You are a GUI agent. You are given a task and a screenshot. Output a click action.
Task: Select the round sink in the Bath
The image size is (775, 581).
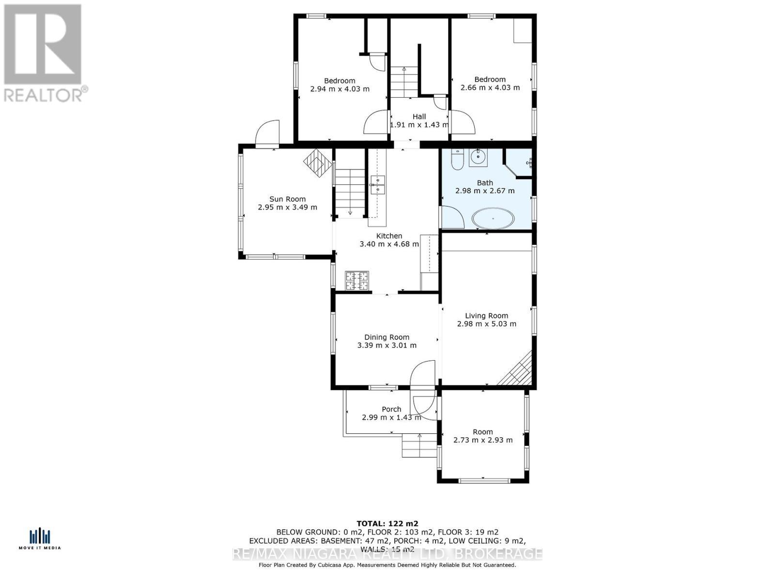(x=478, y=157)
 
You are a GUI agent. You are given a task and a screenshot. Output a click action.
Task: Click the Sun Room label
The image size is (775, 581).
(x=287, y=199)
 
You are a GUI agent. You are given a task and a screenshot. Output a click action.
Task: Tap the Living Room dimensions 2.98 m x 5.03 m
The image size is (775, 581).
(x=486, y=324)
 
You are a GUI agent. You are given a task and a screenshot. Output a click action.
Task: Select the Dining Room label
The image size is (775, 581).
(x=387, y=337)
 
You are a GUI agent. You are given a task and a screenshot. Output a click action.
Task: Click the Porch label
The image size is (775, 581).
(x=391, y=409)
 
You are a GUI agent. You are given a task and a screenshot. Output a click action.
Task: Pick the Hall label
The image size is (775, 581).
(x=419, y=117)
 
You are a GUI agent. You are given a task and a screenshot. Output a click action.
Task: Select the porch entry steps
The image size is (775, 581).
(x=419, y=446)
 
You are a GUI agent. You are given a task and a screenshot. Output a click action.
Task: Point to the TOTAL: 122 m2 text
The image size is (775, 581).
(x=387, y=523)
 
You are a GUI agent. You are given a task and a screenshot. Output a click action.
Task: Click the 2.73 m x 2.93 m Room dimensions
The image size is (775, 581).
(x=482, y=440)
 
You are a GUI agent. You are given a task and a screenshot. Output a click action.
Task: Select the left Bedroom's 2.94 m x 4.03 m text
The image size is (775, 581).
(x=340, y=89)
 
